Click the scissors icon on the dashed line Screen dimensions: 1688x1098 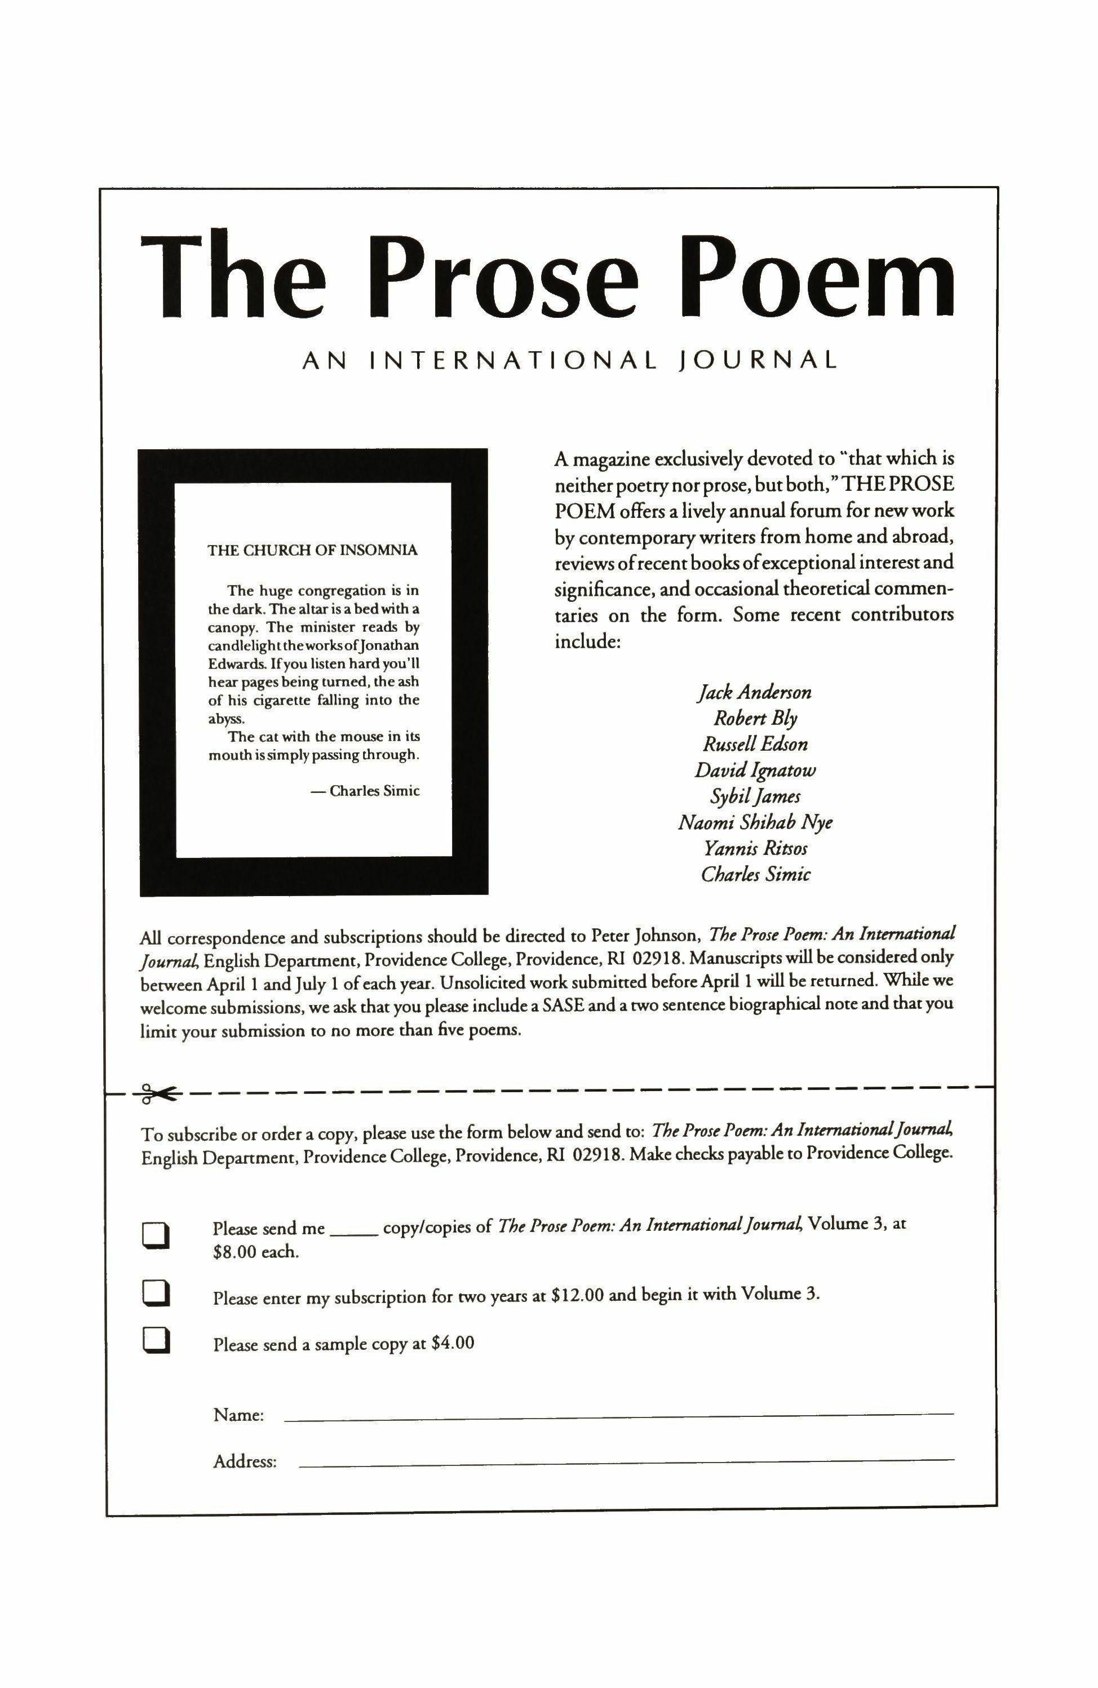[156, 1093]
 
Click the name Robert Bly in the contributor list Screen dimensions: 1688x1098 [755, 719]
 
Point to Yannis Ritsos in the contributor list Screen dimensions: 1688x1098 [755, 848]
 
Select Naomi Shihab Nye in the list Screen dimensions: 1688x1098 [755, 823]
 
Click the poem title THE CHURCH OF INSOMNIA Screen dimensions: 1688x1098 [312, 551]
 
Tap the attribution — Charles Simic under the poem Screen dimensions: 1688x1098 [365, 791]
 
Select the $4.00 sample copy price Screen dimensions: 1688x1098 [452, 1343]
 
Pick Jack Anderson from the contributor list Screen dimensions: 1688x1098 [755, 692]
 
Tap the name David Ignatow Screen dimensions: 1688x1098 [755, 770]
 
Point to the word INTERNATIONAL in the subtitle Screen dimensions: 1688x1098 [513, 360]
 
